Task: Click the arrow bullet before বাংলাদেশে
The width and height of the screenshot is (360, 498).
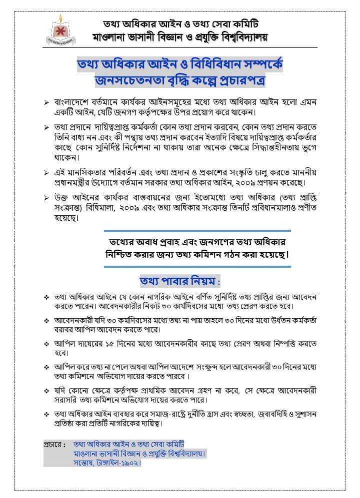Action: tap(46, 102)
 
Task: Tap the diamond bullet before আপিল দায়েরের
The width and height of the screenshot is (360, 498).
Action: tap(46, 345)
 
